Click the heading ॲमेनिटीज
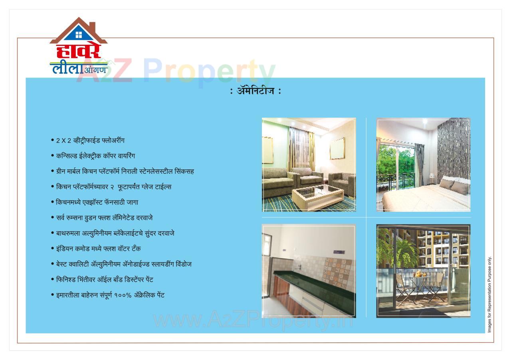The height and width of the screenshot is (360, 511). pos(255,91)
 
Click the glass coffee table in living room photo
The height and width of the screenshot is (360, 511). pos(318,194)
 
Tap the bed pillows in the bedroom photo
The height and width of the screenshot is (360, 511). pos(454,185)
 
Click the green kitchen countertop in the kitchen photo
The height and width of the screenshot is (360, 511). pos(315,287)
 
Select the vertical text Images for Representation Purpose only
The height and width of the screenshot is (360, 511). pos(490,294)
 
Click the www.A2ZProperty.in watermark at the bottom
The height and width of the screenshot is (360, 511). pos(253,320)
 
